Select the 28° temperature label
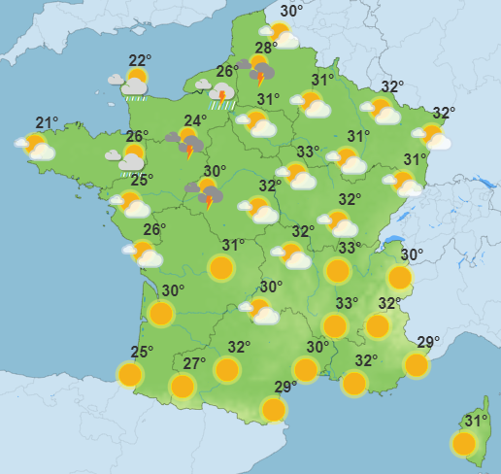pyautogui.click(x=266, y=49)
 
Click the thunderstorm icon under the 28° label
pyautogui.click(x=260, y=71)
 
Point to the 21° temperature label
pyautogui.click(x=47, y=122)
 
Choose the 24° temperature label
pyautogui.click(x=195, y=121)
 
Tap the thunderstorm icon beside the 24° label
pyautogui.click(x=187, y=145)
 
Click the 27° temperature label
pyautogui.click(x=194, y=364)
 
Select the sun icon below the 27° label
pyautogui.click(x=182, y=387)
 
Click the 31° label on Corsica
pyautogui.click(x=476, y=421)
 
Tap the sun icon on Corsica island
pyautogui.click(x=464, y=444)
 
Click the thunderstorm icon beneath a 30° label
pyautogui.click(x=207, y=193)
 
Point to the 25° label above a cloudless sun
pyautogui.click(x=142, y=353)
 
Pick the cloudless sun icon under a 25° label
pyautogui.click(x=129, y=374)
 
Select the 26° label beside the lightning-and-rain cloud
pyautogui.click(x=225, y=71)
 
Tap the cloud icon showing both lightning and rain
pyautogui.click(x=222, y=95)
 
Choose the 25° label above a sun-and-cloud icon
pyautogui.click(x=142, y=180)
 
